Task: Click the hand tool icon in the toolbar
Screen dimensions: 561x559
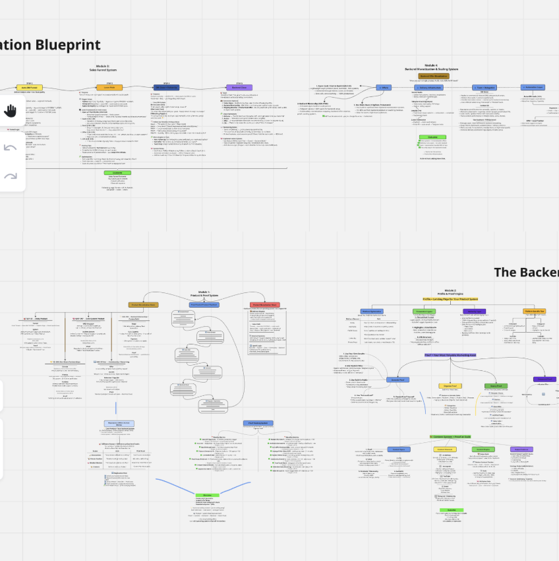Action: (11, 110)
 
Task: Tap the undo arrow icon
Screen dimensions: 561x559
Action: (11, 148)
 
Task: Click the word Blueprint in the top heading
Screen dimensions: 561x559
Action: (68, 45)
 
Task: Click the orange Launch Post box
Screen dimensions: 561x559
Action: (110, 87)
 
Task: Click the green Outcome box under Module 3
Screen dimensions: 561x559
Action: (117, 173)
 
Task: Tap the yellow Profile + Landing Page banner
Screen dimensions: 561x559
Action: (450, 298)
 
